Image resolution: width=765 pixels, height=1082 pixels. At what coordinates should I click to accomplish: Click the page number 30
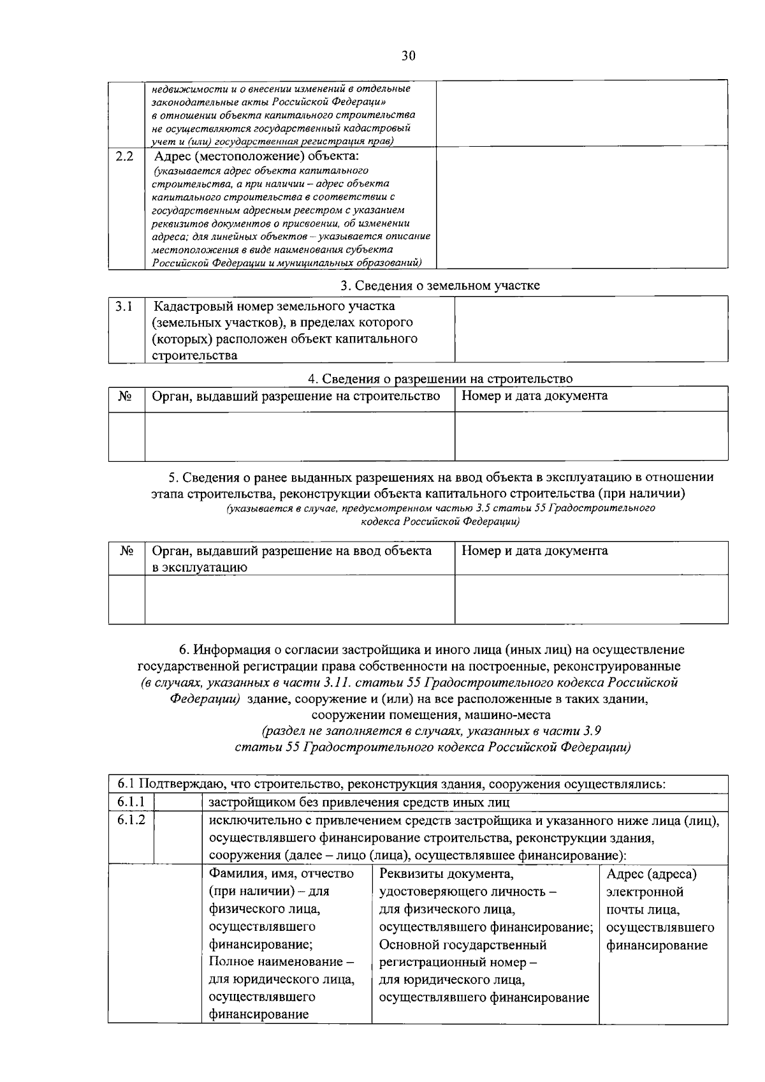(408, 56)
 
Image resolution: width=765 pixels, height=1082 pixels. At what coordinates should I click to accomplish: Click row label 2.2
(125, 156)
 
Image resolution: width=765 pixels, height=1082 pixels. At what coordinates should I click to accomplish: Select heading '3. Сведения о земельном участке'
(440, 286)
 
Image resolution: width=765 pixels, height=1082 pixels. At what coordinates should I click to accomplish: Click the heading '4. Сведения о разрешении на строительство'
(440, 379)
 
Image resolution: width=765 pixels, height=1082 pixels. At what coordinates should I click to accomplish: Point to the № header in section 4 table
(125, 397)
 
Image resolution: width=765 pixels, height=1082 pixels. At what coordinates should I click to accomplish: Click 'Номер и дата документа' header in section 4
(534, 396)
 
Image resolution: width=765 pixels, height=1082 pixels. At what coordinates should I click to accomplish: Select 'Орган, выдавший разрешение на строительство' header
(296, 397)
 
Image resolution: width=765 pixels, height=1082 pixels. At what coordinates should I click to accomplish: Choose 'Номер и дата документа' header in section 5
(534, 551)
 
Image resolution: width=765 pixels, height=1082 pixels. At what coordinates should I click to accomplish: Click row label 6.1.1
(131, 801)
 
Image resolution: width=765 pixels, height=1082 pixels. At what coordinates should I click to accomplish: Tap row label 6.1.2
(131, 820)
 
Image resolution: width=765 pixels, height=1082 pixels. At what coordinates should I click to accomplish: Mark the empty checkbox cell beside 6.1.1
(178, 802)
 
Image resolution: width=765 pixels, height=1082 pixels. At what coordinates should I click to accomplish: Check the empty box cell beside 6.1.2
(178, 836)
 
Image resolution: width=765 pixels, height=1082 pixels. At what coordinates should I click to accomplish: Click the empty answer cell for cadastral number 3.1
(591, 329)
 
